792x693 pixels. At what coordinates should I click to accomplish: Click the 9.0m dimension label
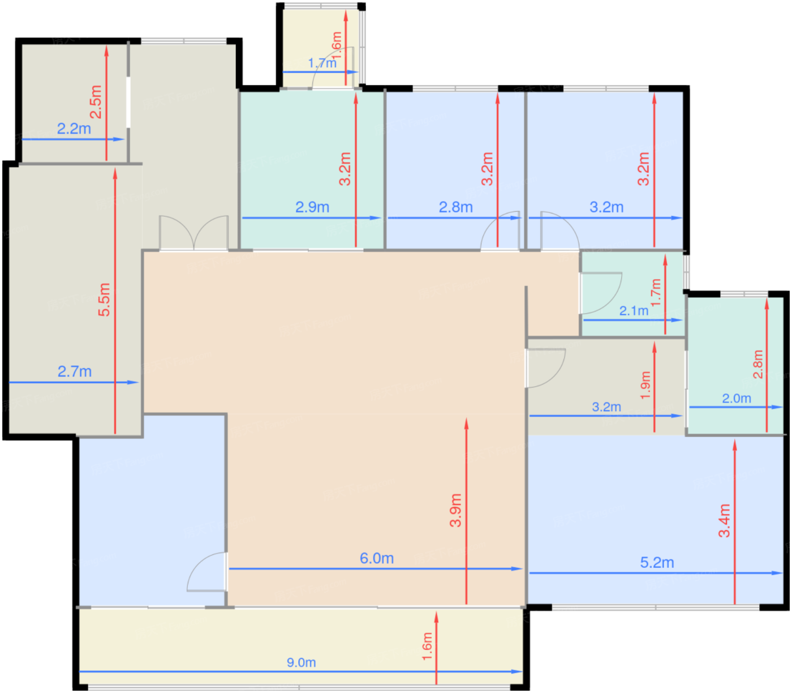(301, 662)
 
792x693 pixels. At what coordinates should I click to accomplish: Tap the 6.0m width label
(377, 558)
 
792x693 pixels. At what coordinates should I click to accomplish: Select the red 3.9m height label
(455, 510)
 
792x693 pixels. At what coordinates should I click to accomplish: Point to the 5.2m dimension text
(657, 562)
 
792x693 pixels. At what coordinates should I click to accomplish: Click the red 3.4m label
(724, 521)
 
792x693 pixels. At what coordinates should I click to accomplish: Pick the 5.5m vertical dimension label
(104, 300)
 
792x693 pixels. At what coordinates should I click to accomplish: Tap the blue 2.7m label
(75, 371)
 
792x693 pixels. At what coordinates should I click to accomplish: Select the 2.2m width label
(74, 129)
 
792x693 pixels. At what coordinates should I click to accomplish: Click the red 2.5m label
(96, 101)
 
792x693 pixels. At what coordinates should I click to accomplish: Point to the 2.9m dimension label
(312, 207)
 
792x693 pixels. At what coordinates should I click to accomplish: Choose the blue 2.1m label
(634, 311)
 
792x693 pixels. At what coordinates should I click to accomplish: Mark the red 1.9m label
(645, 385)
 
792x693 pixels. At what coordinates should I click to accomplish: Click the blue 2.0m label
(736, 398)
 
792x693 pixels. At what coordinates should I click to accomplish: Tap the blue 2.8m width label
(455, 207)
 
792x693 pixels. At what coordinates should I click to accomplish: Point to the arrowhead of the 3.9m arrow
(467, 423)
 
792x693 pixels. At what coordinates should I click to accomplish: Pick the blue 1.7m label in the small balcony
(322, 63)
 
